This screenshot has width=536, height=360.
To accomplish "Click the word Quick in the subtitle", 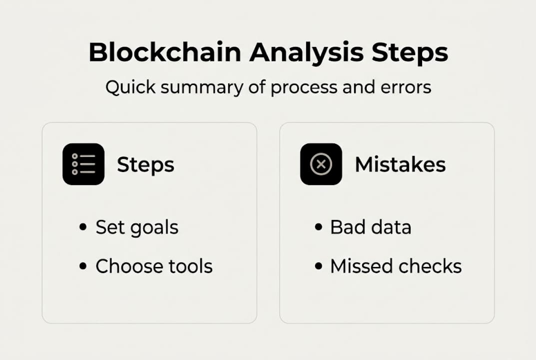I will click(125, 87).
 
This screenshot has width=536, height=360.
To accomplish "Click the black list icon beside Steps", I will click(83, 164).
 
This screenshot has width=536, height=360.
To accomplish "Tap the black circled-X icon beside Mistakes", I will click(321, 164).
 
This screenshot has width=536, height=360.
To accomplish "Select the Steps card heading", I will click(145, 164).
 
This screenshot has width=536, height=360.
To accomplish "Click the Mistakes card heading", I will click(400, 164).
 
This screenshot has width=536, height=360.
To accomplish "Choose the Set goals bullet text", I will click(137, 227).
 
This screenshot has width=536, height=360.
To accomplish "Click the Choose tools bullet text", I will click(154, 266).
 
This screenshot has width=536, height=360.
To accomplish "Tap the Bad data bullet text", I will click(371, 227).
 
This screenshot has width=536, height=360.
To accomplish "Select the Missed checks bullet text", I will click(396, 266).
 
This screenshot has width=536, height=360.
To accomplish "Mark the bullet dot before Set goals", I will click(83, 227).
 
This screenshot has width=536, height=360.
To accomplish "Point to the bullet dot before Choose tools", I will click(83, 266).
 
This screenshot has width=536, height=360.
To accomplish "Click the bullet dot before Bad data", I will click(318, 227).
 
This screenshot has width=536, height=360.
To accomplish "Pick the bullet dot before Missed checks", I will click(318, 266).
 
